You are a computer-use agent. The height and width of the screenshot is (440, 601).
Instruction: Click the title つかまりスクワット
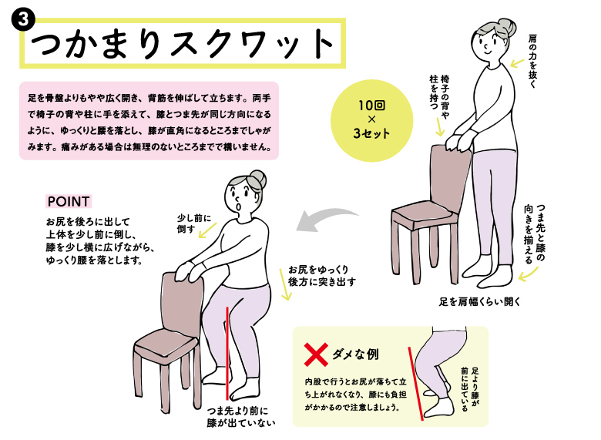pos(182,43)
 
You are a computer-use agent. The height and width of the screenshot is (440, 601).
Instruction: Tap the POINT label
pos(69,201)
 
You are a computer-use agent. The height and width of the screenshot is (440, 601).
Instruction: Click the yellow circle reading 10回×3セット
pos(371,120)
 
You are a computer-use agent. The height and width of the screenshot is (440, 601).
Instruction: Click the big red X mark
pos(316,354)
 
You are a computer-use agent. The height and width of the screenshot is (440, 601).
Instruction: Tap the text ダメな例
pos(355,354)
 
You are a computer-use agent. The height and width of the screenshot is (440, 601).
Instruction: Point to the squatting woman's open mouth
pos(239,207)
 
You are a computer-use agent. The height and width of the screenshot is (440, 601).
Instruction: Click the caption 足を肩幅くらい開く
pos(479,302)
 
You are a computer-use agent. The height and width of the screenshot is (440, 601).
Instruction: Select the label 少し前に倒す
pos(193,223)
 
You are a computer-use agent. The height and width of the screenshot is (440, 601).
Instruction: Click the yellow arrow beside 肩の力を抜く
pos(517,63)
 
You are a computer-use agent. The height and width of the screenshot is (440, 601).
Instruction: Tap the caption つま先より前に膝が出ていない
pos(240,417)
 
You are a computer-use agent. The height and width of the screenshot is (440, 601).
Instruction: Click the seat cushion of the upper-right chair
pos(425,214)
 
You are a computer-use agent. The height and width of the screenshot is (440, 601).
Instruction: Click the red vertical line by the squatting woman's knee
pos(227,353)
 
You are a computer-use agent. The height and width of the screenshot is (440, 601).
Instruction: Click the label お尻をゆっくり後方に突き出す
pos(322,276)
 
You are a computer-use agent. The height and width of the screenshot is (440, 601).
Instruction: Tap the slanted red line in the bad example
pos(416,384)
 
